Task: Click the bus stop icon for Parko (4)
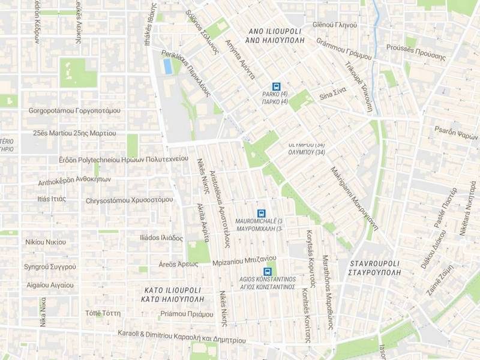[276, 86]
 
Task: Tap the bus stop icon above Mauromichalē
[261, 213]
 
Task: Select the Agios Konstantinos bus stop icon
[267, 271]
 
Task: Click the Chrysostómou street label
[129, 200]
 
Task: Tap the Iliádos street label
[152, 238]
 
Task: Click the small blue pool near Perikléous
[167, 67]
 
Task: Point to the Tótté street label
[103, 313]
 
